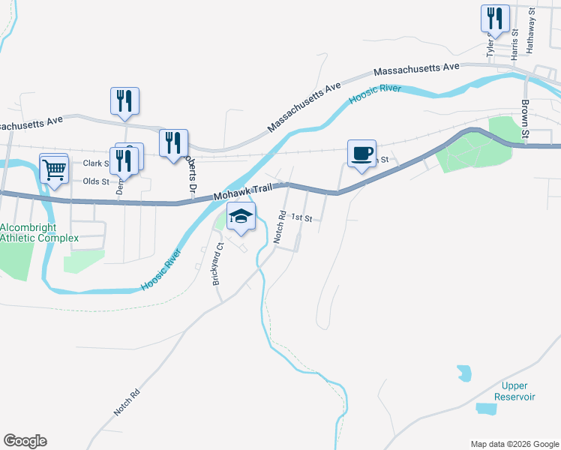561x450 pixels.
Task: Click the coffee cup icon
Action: [x=361, y=154]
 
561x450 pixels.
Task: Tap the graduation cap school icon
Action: [x=241, y=217]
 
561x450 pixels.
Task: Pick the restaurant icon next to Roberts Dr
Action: [x=173, y=142]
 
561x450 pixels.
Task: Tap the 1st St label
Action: [x=301, y=218]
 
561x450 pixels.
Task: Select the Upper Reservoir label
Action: [x=514, y=391]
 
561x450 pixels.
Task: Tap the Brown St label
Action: [x=526, y=119]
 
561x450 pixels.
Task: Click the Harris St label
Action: [x=514, y=43]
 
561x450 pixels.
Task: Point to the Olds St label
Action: [x=96, y=181]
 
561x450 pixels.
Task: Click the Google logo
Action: [x=25, y=441]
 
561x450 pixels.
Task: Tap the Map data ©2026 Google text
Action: [x=514, y=444]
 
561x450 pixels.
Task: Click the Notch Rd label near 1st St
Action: [x=280, y=226]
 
